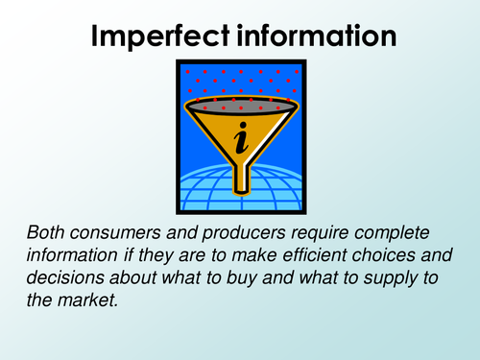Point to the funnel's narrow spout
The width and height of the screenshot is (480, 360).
(x=241, y=179)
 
